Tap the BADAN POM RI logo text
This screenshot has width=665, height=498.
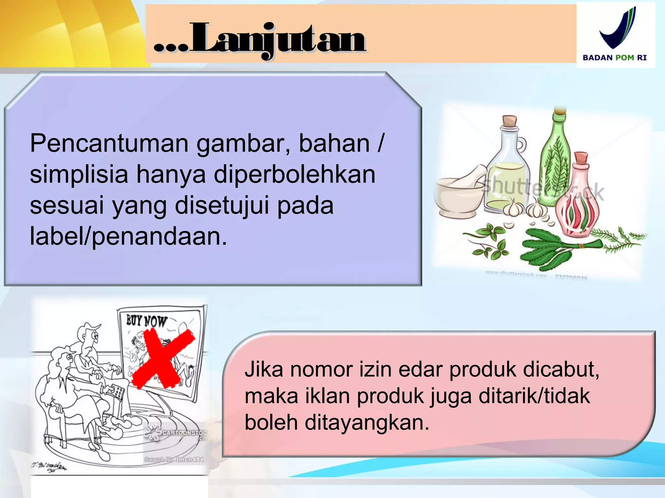(615, 58)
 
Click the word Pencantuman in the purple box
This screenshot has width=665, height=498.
(109, 143)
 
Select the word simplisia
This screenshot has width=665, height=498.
(79, 174)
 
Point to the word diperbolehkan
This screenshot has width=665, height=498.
(295, 174)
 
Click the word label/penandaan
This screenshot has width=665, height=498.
(128, 236)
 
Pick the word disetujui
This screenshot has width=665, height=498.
(222, 206)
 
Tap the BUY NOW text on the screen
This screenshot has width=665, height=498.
(146, 321)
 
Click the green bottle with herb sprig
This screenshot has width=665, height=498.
(556, 159)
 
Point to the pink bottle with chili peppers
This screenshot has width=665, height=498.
(577, 204)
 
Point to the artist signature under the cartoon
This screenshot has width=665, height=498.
(49, 467)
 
